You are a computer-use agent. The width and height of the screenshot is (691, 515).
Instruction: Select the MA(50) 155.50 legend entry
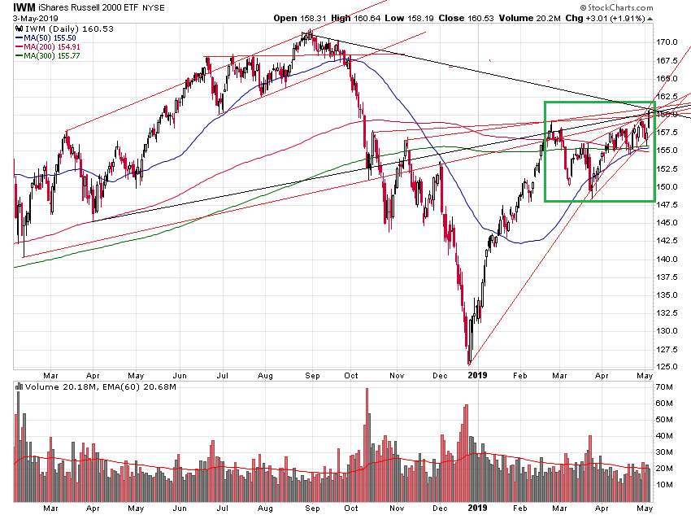coord(51,38)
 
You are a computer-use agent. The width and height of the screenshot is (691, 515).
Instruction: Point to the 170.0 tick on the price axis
coord(669,41)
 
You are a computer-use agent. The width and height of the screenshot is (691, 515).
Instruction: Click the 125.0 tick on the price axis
coord(669,366)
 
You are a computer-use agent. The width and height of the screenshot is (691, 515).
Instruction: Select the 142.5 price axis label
coord(669,240)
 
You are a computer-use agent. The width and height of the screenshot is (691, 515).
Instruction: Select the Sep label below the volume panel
coord(312,508)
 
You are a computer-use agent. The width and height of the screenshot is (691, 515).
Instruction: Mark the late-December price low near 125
coord(469,363)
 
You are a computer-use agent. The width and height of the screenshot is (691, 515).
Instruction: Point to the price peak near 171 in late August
coord(309,32)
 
